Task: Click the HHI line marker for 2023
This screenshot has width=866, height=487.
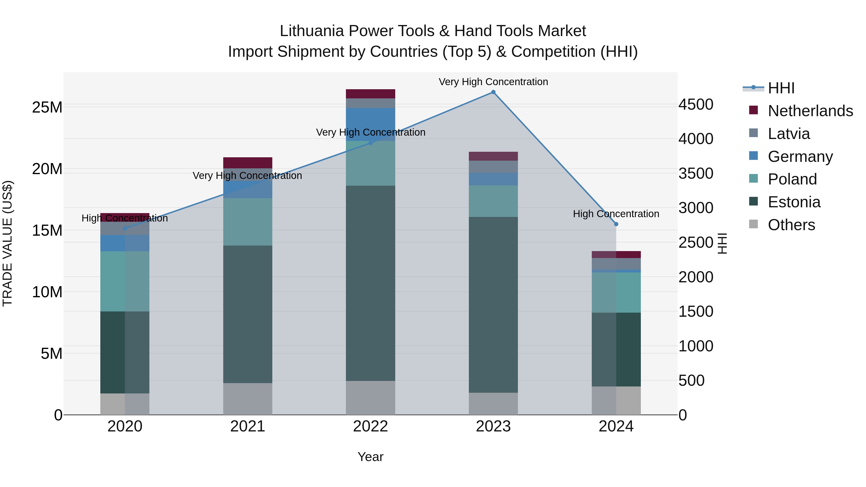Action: (x=493, y=92)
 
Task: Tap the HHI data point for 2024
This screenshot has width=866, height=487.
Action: (x=616, y=224)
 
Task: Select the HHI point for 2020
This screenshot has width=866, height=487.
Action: (x=125, y=228)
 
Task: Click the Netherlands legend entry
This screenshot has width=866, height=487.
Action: (x=810, y=111)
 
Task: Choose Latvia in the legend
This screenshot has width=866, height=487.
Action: (x=789, y=134)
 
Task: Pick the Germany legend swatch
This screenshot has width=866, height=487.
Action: (x=754, y=156)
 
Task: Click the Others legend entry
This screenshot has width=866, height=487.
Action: (x=791, y=225)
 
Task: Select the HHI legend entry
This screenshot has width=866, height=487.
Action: (x=781, y=88)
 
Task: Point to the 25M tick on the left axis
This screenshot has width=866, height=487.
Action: (x=47, y=108)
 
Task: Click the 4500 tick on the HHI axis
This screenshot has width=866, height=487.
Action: (x=695, y=105)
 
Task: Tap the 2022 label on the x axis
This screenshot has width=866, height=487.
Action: (x=370, y=426)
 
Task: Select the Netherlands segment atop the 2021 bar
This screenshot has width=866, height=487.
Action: (x=248, y=163)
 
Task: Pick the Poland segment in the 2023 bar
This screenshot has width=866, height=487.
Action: (x=493, y=201)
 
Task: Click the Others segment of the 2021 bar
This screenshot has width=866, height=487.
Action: (x=248, y=399)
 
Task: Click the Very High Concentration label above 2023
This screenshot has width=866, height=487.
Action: (x=493, y=82)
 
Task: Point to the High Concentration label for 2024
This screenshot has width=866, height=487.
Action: (x=616, y=214)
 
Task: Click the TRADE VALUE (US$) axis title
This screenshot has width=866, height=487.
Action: (x=7, y=243)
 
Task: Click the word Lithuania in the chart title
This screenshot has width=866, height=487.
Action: (x=312, y=31)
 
